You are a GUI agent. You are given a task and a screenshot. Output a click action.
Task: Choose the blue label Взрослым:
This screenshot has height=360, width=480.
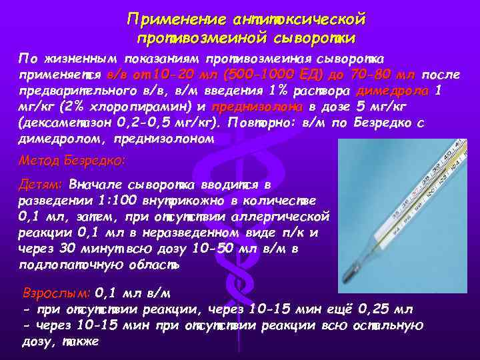coord(56,293)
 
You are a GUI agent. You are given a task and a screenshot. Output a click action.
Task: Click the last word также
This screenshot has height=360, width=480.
coord(80,341)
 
